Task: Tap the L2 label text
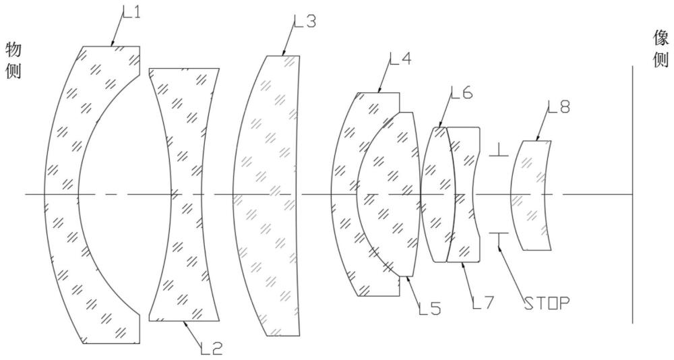pyautogui.click(x=212, y=348)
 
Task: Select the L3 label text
pyautogui.click(x=305, y=21)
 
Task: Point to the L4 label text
pyautogui.click(x=400, y=58)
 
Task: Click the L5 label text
pyautogui.click(x=430, y=309)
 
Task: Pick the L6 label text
pyautogui.click(x=462, y=92)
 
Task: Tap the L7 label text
pyautogui.click(x=483, y=303)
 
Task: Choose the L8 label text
pyautogui.click(x=559, y=107)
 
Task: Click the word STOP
pyautogui.click(x=547, y=303)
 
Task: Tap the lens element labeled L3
pyautogui.click(x=264, y=194)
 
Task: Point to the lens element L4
pyautogui.click(x=344, y=194)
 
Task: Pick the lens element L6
pyautogui.click(x=438, y=194)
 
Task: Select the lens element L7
pyautogui.click(x=464, y=194)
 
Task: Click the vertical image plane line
pyautogui.click(x=632, y=194)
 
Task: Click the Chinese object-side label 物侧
pyautogui.click(x=13, y=60)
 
